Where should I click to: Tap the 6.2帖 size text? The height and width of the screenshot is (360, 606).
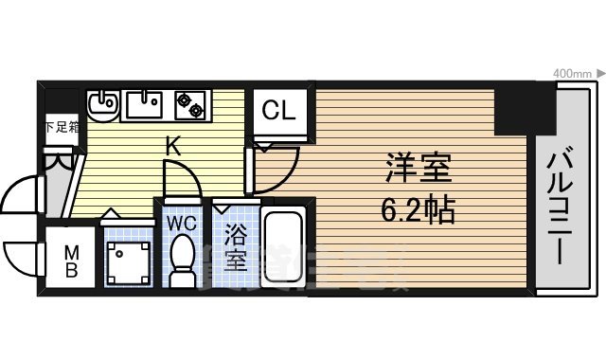click(x=419, y=207)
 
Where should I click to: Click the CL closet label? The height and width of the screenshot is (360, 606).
click(x=277, y=111)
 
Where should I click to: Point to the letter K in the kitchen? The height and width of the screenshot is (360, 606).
click(x=173, y=147)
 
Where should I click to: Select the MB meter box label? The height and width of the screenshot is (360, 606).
click(x=71, y=261)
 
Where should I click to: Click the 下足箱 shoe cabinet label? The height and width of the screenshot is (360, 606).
click(x=61, y=127)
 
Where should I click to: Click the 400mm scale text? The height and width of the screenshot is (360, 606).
click(x=572, y=73)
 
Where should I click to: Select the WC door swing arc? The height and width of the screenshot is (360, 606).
click(x=179, y=179)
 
